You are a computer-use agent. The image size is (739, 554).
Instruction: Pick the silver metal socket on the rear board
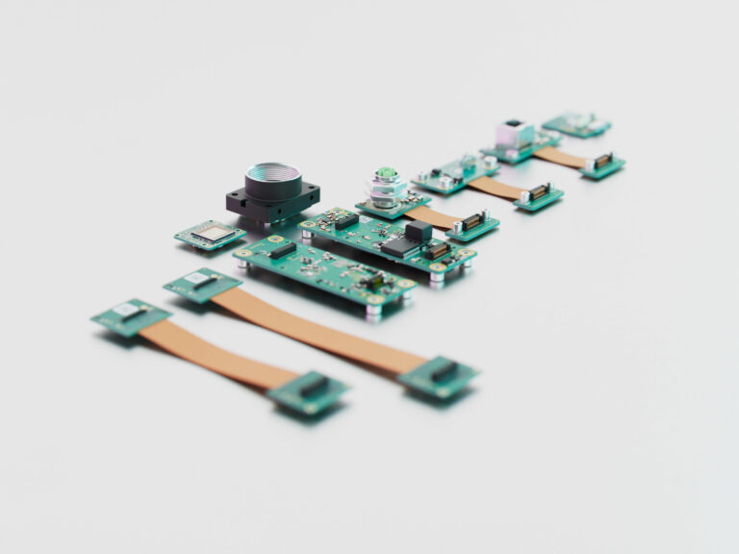(x=514, y=135)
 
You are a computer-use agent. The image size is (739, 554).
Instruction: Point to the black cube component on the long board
(x=418, y=231)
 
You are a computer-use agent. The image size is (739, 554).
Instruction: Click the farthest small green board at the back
(x=575, y=124)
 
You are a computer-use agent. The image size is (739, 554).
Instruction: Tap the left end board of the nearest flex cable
(x=131, y=315)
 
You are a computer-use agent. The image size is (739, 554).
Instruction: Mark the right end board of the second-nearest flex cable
(x=439, y=375)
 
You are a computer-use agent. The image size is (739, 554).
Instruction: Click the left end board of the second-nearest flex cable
(x=201, y=284)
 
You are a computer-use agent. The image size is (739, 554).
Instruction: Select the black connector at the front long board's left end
(x=282, y=250)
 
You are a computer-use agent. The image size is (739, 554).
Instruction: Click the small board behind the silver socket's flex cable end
(x=602, y=164)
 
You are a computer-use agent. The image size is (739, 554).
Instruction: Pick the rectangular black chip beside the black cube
(x=396, y=247)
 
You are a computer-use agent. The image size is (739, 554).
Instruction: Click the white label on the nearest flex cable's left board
(x=127, y=310)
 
